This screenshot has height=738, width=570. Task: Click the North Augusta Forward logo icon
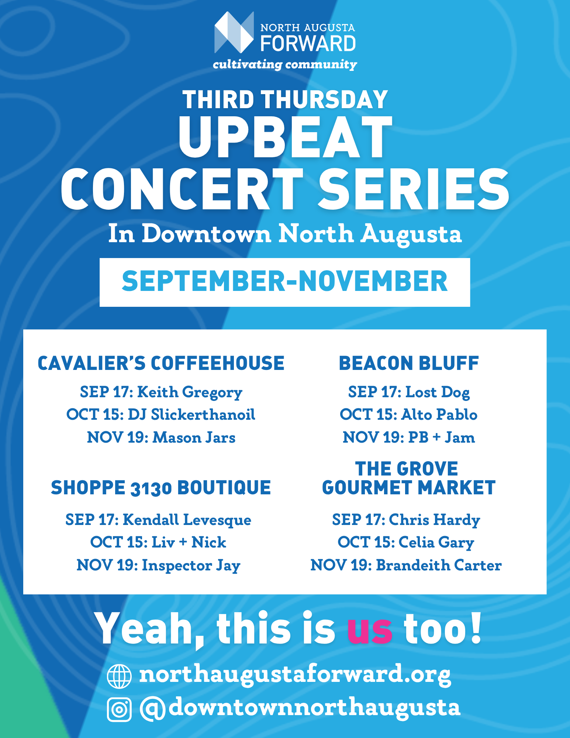[234, 32]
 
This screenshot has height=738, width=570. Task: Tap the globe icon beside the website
[119, 676]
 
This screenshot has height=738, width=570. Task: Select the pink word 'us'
[370, 630]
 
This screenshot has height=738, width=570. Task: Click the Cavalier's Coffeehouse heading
[161, 363]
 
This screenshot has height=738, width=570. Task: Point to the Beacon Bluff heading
[409, 363]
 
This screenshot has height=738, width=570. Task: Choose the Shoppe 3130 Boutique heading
[161, 488]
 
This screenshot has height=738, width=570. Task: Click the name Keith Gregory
[190, 392]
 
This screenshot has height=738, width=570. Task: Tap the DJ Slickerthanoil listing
[191, 415]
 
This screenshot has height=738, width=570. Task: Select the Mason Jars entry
[194, 437]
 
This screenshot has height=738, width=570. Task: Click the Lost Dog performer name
[438, 392]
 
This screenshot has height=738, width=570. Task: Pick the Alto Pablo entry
[439, 415]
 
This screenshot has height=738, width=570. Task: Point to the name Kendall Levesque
[187, 520]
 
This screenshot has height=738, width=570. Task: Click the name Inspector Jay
[191, 566]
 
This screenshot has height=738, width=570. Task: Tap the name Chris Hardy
[435, 520]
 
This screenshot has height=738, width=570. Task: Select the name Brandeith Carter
[439, 565]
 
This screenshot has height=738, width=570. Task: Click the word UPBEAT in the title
[285, 137]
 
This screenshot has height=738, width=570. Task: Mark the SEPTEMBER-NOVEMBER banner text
[285, 281]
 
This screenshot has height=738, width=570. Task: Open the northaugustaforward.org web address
[295, 675]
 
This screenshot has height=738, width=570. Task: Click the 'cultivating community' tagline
[285, 65]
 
